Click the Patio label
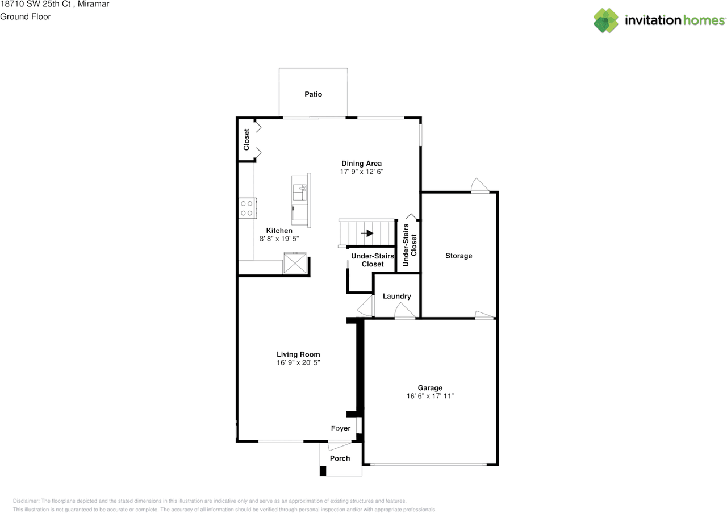pos(313,94)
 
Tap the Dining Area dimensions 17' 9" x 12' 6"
pos(362,172)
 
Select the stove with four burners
pos(247,208)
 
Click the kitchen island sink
pos(299,192)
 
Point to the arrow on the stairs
pos(367,233)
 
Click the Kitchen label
pos(279,231)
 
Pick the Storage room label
pos(458,256)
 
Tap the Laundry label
pos(396,296)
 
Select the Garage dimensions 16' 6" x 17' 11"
pos(430,396)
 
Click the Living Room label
pos(298,354)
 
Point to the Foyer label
pos(341,428)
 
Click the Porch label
pos(340,458)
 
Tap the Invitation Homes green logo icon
pos(606,20)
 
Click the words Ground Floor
pos(26,16)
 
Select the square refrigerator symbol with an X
pos(295,262)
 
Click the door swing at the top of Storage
pos(480,185)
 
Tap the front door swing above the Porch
pos(340,445)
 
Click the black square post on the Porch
pos(323,471)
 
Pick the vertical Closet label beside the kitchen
pos(246,140)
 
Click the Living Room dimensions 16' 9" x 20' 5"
pos(298,362)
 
